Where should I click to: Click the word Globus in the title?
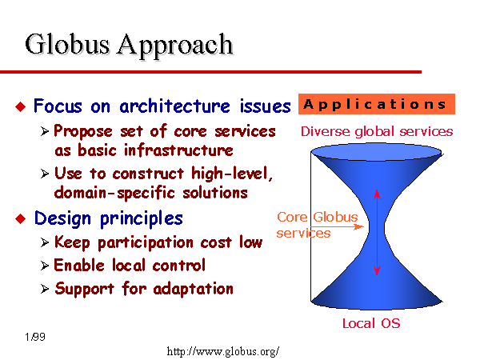[67, 44]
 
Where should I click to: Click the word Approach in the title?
[175, 46]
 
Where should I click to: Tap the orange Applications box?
[377, 104]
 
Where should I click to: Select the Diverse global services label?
[377, 132]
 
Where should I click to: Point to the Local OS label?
[371, 323]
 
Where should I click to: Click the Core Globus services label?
[317, 225]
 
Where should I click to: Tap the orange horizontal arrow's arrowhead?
[358, 227]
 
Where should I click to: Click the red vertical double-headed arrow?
[377, 232]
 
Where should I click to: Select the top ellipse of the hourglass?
[377, 152]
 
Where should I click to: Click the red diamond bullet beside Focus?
[21, 107]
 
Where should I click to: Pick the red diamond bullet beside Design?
[21, 219]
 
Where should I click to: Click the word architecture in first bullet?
[174, 106]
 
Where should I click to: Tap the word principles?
[142, 219]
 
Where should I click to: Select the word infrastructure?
[178, 150]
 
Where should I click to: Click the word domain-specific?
[114, 193]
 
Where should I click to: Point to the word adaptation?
[193, 289]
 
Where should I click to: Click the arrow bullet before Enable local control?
[45, 266]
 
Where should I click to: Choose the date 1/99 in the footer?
[35, 337]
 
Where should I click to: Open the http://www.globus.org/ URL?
[223, 351]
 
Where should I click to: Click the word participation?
[146, 243]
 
